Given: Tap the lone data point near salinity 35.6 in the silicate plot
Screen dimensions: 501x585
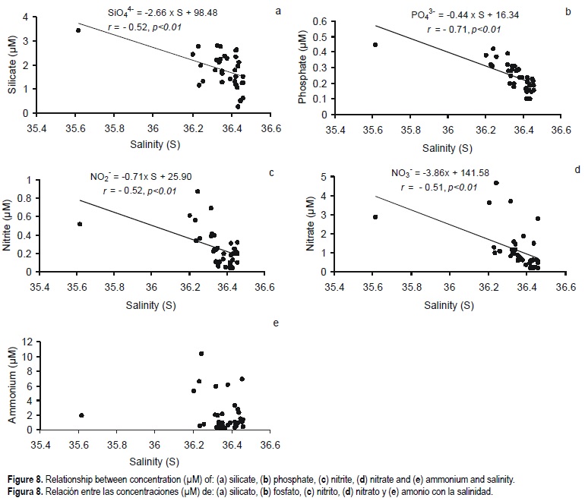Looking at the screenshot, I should (78, 30).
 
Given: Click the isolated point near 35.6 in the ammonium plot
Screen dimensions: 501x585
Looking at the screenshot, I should (81, 415).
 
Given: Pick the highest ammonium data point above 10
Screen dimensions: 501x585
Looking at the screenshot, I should (201, 354).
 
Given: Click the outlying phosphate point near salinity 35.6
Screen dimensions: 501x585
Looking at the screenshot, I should (375, 45).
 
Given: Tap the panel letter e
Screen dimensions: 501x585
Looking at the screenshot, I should (276, 323).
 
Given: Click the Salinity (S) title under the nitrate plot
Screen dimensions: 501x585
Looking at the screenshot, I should (448, 305).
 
